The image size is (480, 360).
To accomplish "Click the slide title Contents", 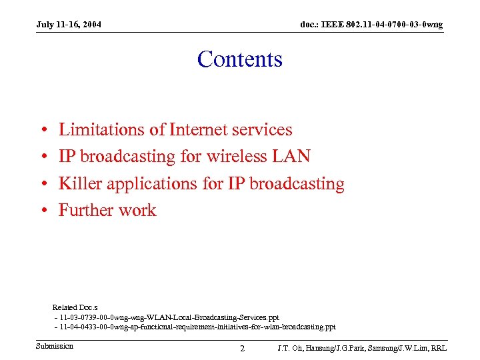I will tap(240, 59).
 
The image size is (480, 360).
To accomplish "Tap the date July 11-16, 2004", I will tap(69, 25).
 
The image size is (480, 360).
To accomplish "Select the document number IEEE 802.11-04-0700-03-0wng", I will tap(371, 25).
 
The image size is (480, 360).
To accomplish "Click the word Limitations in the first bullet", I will tap(101, 129).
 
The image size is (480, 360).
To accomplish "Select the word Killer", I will tap(80, 183).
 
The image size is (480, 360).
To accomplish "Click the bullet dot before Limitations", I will tap(43, 130).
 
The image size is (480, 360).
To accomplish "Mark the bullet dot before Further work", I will tap(43, 211).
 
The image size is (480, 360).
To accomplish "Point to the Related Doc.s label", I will tap(75, 307).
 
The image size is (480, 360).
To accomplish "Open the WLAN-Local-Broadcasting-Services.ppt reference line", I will tap(169, 317).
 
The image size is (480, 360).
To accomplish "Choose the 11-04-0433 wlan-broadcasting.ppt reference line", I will tap(197, 327).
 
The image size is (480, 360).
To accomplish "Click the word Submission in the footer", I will tap(55, 346).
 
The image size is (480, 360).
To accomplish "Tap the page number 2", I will tap(242, 348).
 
